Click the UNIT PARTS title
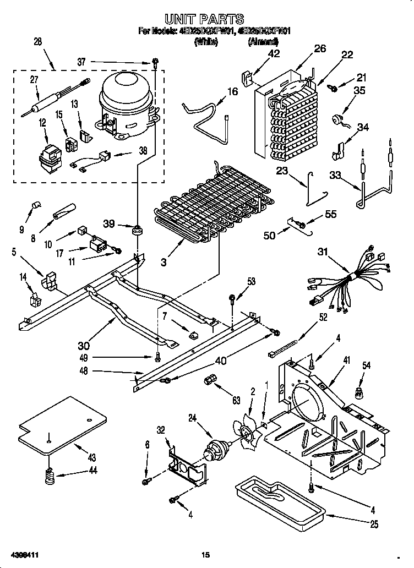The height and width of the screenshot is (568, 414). pos(208,20)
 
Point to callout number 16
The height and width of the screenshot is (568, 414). pos(233,91)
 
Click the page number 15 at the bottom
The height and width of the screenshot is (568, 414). pos(206,554)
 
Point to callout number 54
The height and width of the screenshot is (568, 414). pos(366,365)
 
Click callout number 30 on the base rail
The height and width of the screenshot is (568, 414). pos(84,346)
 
